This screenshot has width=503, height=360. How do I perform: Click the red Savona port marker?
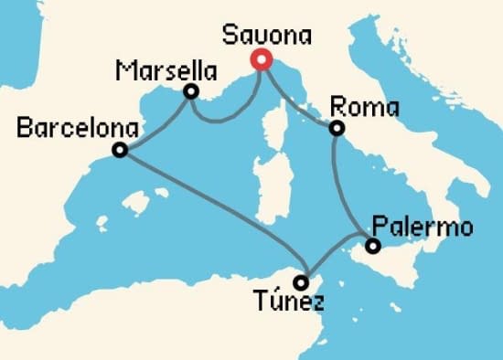click(x=261, y=60)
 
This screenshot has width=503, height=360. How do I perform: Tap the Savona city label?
click(x=267, y=36)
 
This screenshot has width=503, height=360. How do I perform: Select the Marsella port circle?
click(x=190, y=91)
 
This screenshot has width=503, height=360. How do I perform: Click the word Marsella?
click(x=167, y=70)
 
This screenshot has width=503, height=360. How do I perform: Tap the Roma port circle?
click(x=337, y=129)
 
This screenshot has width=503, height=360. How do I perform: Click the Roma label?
click(x=364, y=107)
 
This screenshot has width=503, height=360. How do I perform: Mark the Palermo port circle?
click(x=372, y=246)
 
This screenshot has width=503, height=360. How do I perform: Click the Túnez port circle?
click(x=303, y=282)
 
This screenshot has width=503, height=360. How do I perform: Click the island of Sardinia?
click(x=268, y=183)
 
